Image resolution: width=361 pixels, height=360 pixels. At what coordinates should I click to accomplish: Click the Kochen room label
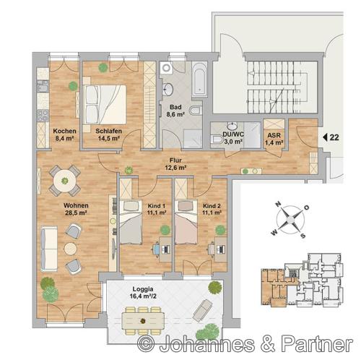point(64,131)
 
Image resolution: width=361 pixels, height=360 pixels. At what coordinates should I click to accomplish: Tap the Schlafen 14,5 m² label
point(109,134)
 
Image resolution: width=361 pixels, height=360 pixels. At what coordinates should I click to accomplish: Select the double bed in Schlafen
point(105,104)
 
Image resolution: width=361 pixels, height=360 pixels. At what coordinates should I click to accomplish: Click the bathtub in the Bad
point(199,80)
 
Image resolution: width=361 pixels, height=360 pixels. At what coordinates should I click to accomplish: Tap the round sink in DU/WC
point(232,126)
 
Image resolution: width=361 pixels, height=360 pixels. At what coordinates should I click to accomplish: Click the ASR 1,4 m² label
point(274,139)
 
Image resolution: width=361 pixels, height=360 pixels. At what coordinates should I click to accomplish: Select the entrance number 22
point(334,137)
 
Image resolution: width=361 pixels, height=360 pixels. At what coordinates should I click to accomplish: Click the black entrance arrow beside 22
point(325,137)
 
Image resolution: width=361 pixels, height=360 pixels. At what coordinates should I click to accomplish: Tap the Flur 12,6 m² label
point(175,164)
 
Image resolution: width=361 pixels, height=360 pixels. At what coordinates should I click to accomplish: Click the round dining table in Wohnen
point(64,181)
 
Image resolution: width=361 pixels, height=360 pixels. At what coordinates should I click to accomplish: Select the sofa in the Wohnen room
point(49,249)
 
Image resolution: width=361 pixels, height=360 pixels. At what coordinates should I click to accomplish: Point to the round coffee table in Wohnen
point(71,249)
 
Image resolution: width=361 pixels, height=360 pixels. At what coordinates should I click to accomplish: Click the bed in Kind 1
point(131,222)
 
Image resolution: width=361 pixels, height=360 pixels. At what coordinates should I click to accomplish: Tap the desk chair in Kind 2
point(212,249)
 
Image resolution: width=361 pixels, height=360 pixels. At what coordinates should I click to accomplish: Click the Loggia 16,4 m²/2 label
point(143,292)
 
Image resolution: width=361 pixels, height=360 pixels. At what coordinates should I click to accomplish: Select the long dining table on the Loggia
point(143,320)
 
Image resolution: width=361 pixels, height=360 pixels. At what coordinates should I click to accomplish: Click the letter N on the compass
point(278,205)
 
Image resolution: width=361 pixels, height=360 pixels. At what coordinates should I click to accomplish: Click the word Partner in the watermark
point(317,343)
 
